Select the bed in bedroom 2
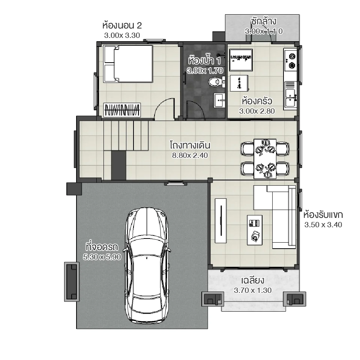tap(128, 64)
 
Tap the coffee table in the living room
tap(255, 230)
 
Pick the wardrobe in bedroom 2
tap(123, 110)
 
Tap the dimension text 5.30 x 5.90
tap(101, 257)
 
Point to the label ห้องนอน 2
tap(122, 25)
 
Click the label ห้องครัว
tap(257, 101)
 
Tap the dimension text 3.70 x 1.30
tap(253, 290)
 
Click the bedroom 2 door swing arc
tap(165, 107)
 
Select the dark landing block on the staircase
tap(118, 165)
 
